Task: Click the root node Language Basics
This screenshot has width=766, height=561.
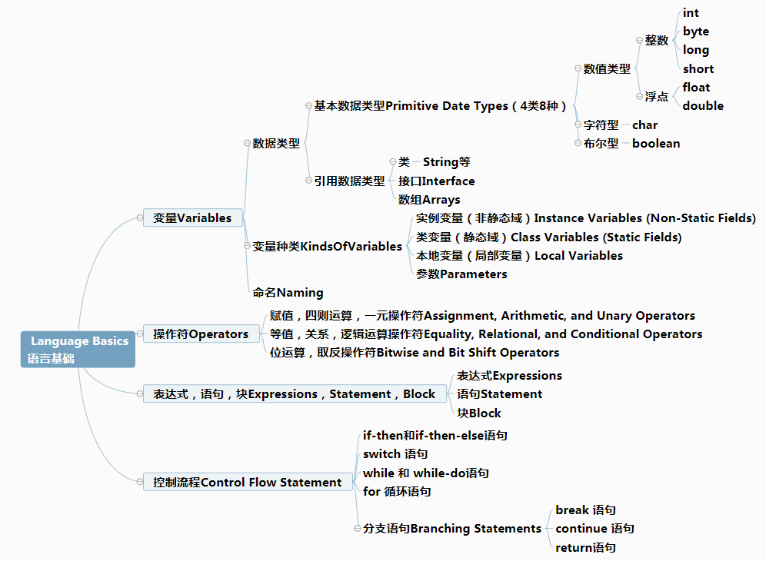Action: point(78,349)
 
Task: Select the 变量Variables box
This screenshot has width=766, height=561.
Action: point(192,217)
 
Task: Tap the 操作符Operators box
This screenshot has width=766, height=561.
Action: point(201,334)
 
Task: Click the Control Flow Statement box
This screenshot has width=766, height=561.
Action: point(247,482)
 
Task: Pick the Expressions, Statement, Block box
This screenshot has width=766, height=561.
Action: point(294,393)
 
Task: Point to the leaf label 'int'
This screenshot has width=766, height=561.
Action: point(691,13)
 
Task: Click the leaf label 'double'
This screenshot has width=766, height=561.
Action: point(703,105)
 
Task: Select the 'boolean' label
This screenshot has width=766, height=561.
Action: point(656,143)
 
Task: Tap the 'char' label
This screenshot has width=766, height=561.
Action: point(644,125)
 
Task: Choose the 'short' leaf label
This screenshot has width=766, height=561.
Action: point(698,69)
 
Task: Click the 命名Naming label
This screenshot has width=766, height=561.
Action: point(288,293)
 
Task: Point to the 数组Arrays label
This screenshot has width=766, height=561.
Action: point(429,200)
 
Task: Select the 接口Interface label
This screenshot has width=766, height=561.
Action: point(436,181)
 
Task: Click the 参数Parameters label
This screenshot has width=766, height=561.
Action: point(461,274)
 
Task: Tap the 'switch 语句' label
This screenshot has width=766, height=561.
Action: point(395,454)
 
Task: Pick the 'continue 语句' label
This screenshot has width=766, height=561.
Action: point(594,528)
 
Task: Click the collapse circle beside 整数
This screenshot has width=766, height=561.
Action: point(639,40)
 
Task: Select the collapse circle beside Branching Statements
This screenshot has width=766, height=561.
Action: point(357,528)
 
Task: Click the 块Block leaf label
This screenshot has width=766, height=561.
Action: point(478,413)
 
